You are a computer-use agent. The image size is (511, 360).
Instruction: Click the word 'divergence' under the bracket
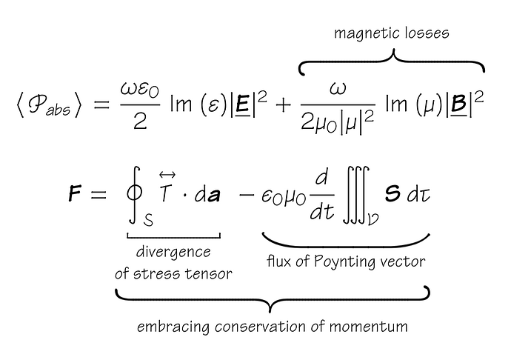pos(173,253)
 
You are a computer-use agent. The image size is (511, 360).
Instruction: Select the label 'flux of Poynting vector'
pos(346,261)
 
